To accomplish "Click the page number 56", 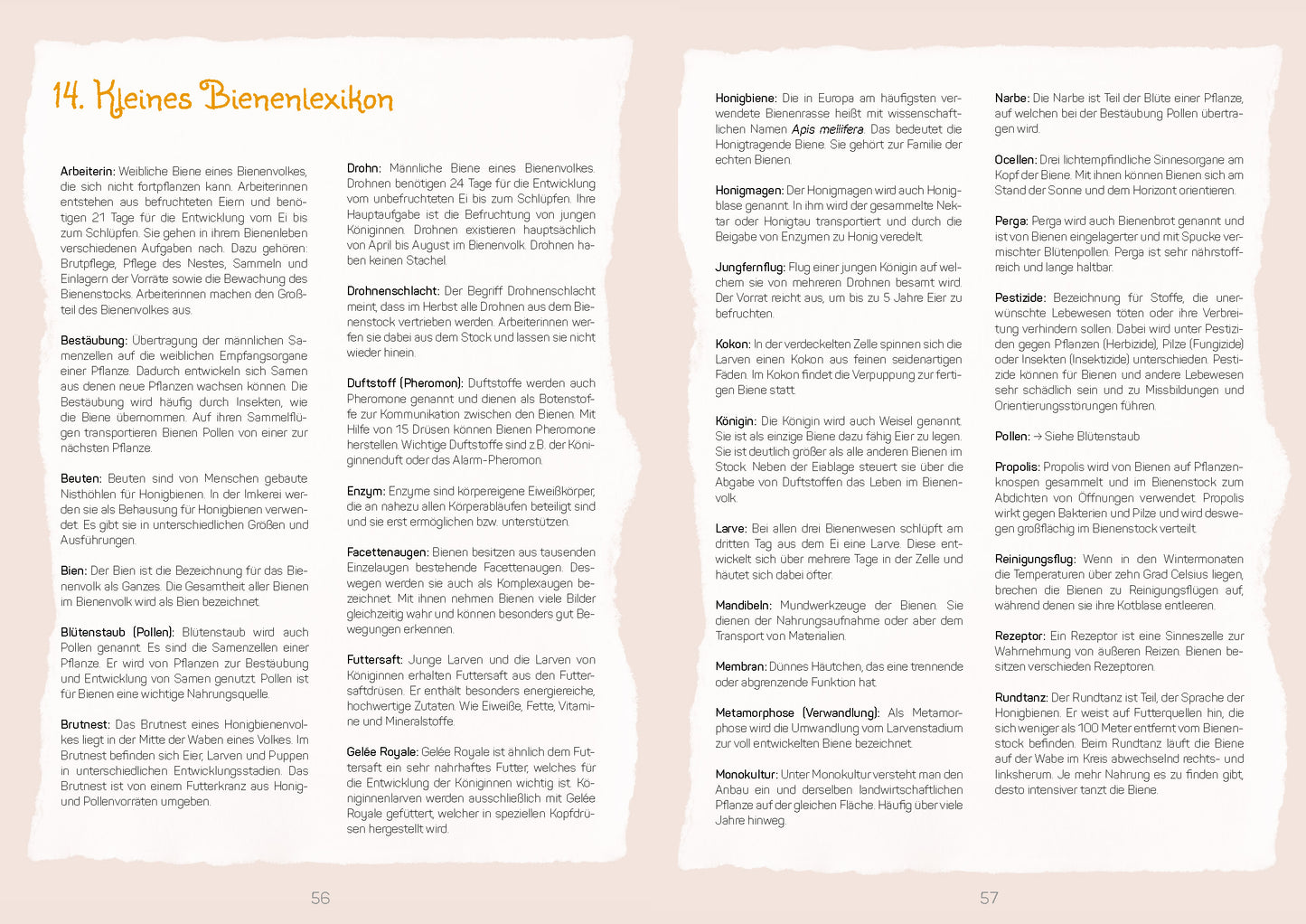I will tap(320, 898).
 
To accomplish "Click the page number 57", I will tap(989, 898).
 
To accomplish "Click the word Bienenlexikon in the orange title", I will tap(297, 98).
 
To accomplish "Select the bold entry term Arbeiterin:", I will tap(88, 171).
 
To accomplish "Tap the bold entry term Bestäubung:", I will tap(94, 341).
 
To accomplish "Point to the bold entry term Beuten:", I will tap(81, 478).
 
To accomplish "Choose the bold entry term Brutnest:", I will tap(85, 724).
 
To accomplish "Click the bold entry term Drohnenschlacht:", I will tap(393, 291).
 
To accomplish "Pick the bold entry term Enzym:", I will tap(366, 491).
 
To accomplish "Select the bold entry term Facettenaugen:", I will tap(388, 552).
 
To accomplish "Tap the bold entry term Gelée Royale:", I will tap(382, 752).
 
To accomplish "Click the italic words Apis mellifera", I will tap(827, 129).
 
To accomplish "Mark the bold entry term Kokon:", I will tap(733, 344).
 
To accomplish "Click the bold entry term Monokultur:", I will tap(747, 775).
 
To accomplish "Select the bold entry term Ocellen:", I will tap(1016, 160).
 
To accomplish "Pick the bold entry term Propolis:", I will tap(1018, 467).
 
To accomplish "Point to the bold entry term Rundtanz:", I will tap(1021, 698).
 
